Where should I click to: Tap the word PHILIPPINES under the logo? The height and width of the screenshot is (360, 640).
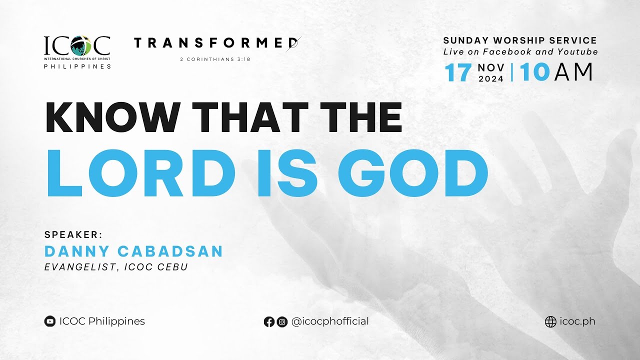(x=77, y=66)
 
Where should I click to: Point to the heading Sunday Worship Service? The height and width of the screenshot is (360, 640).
(x=520, y=40)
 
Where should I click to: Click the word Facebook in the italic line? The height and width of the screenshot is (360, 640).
(x=501, y=52)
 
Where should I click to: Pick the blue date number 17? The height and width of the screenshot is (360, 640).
(x=458, y=73)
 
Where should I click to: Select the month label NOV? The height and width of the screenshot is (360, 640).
(x=491, y=67)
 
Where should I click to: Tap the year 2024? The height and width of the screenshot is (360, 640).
(x=491, y=78)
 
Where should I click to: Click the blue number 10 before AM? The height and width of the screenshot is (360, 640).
(x=534, y=73)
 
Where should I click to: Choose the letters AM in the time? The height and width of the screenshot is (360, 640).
(x=573, y=73)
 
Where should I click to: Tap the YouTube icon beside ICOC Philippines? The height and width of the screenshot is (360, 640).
(x=50, y=321)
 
